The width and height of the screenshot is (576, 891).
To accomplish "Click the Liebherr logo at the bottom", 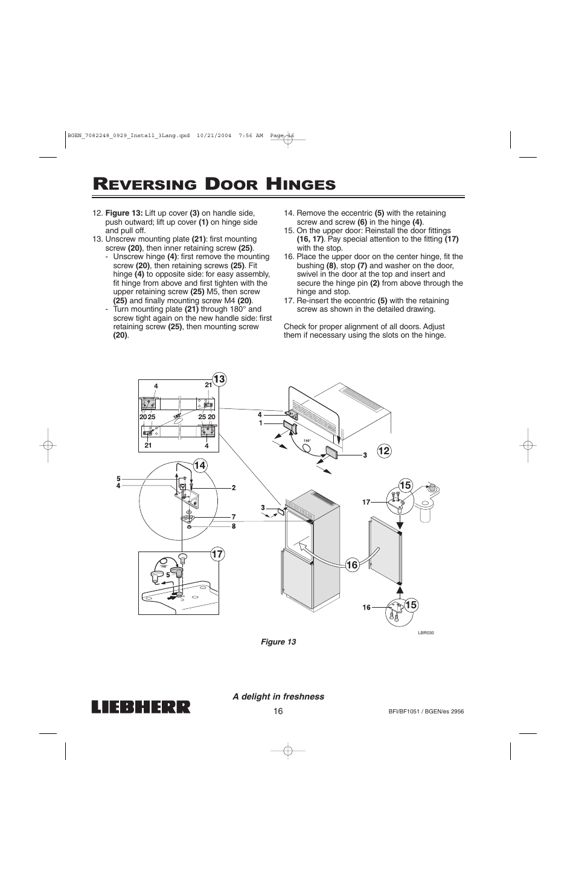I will click(141, 707).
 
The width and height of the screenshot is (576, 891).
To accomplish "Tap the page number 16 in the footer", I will click(278, 711).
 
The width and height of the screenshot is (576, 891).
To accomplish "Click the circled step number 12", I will click(384, 450).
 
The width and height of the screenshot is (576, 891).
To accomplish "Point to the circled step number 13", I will click(218, 379).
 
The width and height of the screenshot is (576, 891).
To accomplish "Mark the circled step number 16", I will click(353, 565).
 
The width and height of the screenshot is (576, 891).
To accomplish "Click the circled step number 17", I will click(217, 554).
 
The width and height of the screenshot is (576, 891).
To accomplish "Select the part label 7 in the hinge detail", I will click(233, 516).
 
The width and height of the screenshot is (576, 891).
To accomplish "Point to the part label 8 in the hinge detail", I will click(233, 526).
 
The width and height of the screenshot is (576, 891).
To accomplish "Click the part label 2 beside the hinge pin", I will click(233, 487).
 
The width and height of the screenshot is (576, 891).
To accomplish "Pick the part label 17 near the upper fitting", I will click(365, 502).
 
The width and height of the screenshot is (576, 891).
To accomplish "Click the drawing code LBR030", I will click(426, 632).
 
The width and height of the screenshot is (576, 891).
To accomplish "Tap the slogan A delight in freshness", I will click(279, 696).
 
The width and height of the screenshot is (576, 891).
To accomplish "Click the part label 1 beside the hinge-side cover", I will click(260, 423).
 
